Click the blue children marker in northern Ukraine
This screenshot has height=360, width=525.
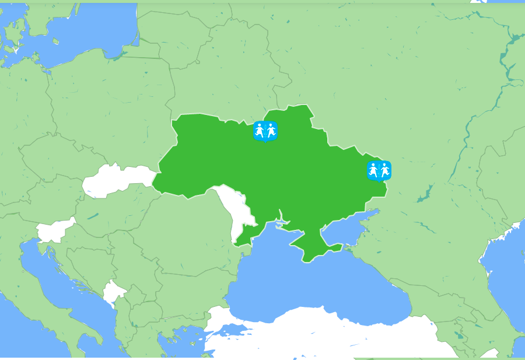tap(265, 130)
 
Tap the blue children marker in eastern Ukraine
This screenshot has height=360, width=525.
tap(379, 170)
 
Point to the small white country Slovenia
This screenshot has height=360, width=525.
tap(55, 230)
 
